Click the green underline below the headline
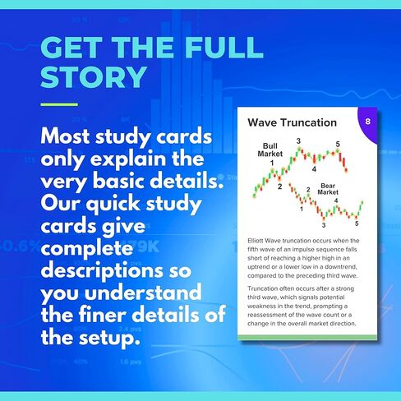coord(59,104)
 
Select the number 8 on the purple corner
coord(368,122)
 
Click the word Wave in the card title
coord(261,122)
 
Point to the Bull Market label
coord(270,150)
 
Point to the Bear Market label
coord(328,189)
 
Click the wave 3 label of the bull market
coord(298,141)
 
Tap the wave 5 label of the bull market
coord(338,144)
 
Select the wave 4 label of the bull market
coord(314,169)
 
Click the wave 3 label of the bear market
coord(324,225)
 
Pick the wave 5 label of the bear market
coord(357,224)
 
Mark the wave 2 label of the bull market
coord(279,187)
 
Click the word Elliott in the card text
coord(256,241)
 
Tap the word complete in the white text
coord(87,249)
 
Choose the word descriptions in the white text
coord(102,270)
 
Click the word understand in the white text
coord(143,293)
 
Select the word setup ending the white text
coord(109,338)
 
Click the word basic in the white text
coord(119,181)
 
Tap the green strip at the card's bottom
coord(307,338)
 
